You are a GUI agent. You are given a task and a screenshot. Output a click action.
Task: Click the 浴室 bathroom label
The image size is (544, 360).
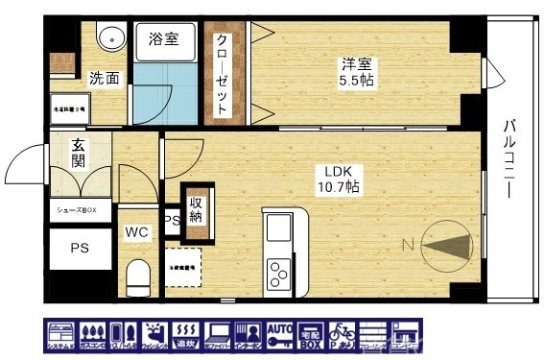[x=163, y=39]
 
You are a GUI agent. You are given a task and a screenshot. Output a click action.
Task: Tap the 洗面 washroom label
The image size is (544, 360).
[x=105, y=78]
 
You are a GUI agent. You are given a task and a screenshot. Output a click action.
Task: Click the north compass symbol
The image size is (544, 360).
[x=443, y=246]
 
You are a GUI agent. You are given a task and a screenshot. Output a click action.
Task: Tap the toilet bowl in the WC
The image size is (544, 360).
[x=137, y=276]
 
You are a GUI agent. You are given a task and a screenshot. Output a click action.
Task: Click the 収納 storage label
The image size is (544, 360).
[x=197, y=209]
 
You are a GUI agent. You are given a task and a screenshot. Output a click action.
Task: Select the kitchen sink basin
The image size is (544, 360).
[x=279, y=230]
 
